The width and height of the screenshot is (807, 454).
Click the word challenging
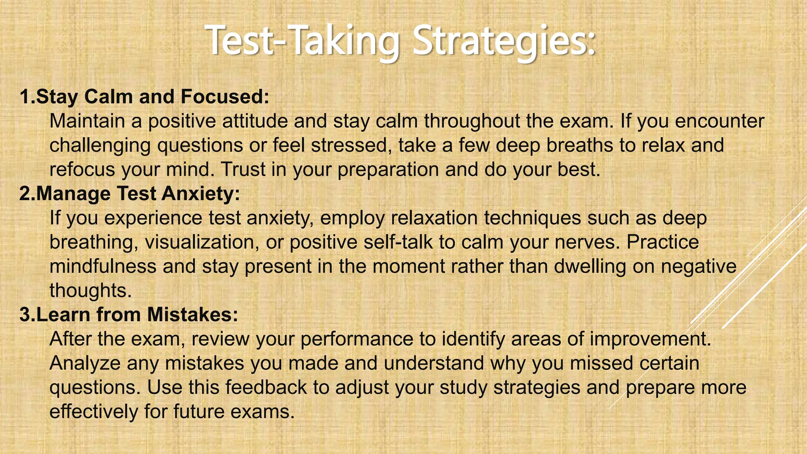click(100, 145)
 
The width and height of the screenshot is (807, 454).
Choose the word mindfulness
click(103, 266)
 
